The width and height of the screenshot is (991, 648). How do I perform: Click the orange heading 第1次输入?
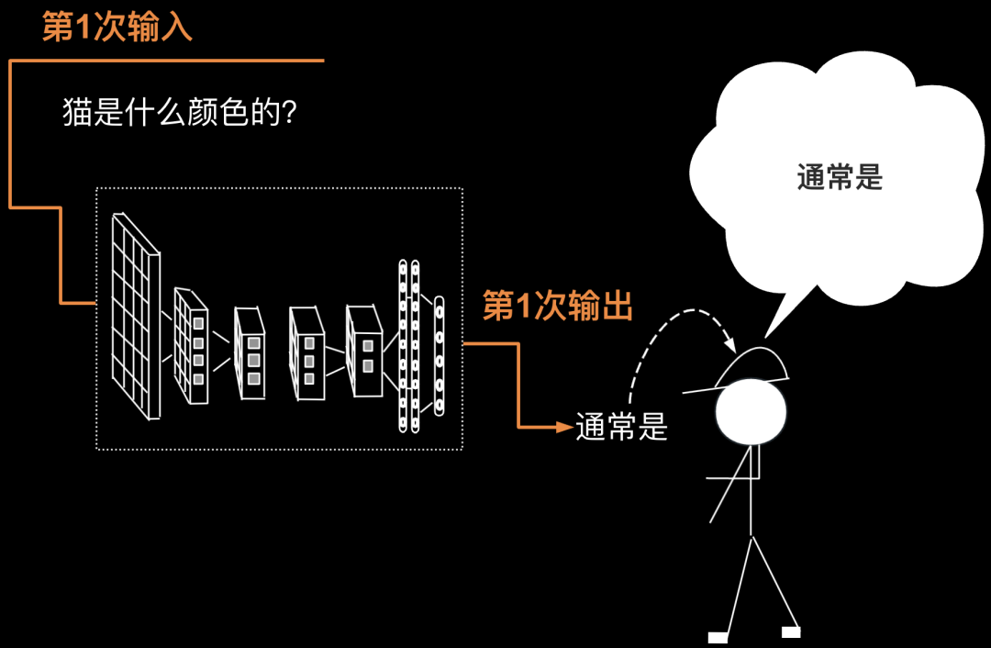(117, 28)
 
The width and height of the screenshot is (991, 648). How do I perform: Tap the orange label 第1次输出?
(558, 307)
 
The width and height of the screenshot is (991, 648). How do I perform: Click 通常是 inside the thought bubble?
(840, 177)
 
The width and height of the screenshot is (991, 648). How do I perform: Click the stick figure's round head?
(752, 410)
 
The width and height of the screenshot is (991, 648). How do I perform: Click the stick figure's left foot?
(718, 637)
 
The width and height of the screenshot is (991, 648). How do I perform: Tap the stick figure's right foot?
(790, 631)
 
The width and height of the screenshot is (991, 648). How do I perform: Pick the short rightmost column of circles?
(439, 354)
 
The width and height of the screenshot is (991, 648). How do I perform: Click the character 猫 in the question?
(75, 114)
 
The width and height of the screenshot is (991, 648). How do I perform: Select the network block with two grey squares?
(364, 352)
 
